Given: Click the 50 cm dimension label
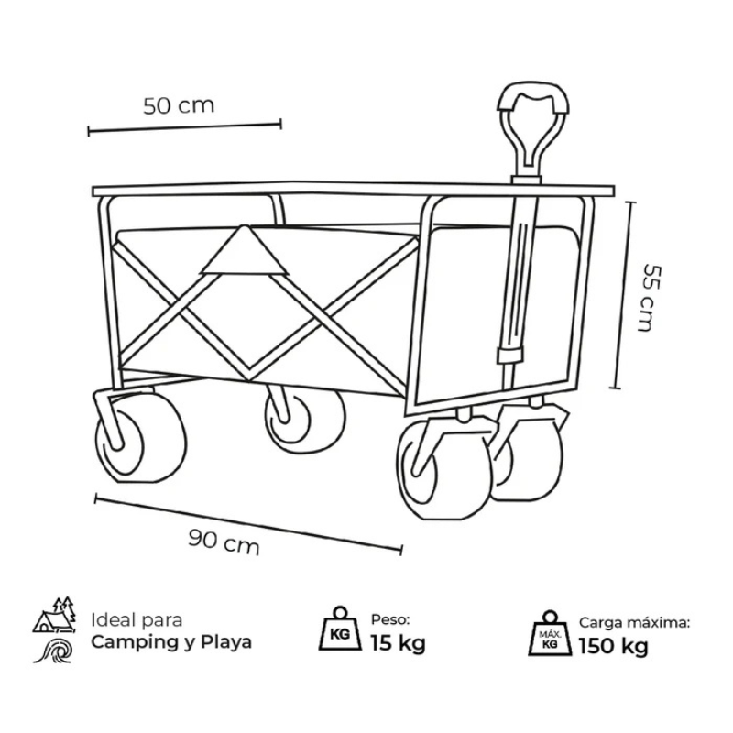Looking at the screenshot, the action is point(179,105).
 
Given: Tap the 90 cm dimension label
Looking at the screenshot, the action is point(224,542).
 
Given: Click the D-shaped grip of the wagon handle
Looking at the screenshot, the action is point(533,124).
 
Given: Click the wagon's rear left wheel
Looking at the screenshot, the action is point(140,438).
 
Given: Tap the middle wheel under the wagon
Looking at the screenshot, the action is point(305,421).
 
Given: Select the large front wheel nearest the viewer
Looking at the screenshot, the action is point(444,469).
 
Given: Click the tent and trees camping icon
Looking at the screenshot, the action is point(55,615).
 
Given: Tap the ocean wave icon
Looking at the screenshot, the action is point(54,651).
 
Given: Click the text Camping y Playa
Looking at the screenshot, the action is point(171,642).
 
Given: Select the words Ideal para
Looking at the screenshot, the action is point(137,620).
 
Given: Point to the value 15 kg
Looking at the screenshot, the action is point(399,643).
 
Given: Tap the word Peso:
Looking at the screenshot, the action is point(390,620).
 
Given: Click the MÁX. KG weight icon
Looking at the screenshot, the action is point(550,633).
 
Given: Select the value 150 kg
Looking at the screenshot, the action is point(613,647).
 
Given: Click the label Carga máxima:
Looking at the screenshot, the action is point(634,623).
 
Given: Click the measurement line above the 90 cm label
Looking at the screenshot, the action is point(248,524).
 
